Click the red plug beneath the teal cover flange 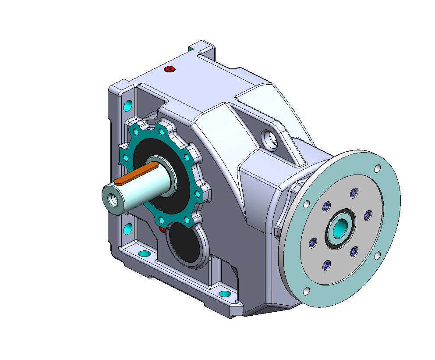tap(161, 229)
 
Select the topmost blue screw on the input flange tap(354, 192)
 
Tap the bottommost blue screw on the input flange tap(326, 265)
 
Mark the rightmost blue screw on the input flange tap(368, 214)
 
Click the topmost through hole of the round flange tap(377, 168)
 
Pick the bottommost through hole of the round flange tap(306, 291)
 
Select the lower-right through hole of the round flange tap(377, 255)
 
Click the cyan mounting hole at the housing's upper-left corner tap(128, 106)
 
